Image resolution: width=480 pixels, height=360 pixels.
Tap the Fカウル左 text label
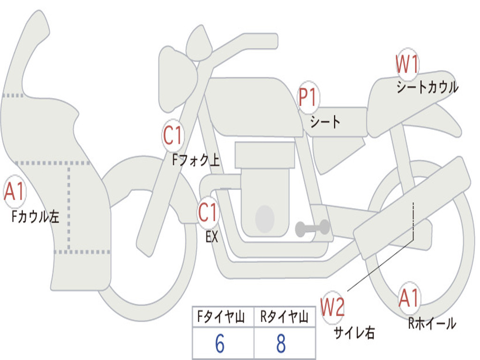pyautogui.click(x=35, y=217)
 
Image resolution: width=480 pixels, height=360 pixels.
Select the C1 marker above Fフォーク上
pyautogui.click(x=173, y=135)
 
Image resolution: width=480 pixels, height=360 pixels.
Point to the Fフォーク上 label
pyautogui.click(x=196, y=160)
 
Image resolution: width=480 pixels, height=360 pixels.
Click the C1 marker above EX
pyautogui.click(x=208, y=212)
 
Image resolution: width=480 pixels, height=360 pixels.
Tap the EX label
pyautogui.click(x=212, y=237)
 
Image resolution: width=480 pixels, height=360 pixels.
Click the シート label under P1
pyautogui.click(x=325, y=122)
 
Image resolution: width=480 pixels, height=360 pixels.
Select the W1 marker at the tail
pyautogui.click(x=407, y=64)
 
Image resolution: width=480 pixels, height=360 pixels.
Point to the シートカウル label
pyautogui.click(x=427, y=87)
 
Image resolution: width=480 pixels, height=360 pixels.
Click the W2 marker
pyautogui.click(x=333, y=307)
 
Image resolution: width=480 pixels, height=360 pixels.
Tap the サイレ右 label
pyautogui.click(x=354, y=332)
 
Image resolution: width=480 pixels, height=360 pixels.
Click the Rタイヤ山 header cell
pyautogui.click(x=285, y=316)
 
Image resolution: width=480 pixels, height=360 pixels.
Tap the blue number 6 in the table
pyautogui.click(x=220, y=344)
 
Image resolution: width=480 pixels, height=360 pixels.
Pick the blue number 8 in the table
pyautogui.click(x=281, y=344)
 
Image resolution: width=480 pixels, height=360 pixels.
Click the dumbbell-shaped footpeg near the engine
pyautogui.click(x=312, y=228)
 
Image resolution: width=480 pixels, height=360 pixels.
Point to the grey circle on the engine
pyautogui.click(x=265, y=218)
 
